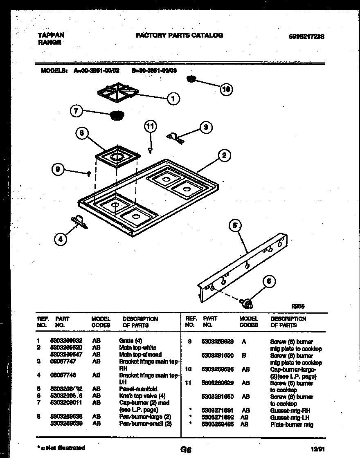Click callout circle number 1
pos(173,98)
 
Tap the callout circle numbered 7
pos(76,111)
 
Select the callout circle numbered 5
pos(235,225)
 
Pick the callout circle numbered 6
pos(268,281)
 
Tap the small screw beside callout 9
pos(88,174)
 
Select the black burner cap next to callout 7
pos(117,115)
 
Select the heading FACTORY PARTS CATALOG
pos(179,35)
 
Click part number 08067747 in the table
pos(62,361)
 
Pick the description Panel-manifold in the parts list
pos(138,389)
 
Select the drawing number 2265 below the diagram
pos(298,306)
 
